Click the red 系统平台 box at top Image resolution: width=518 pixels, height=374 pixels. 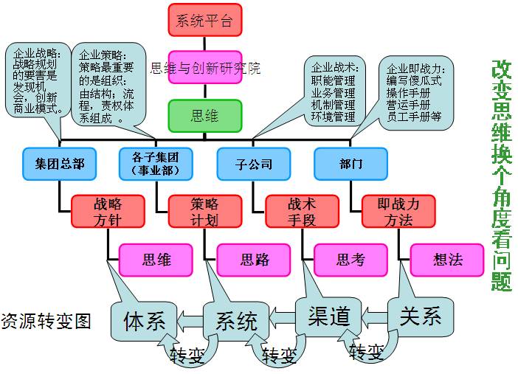[x=204, y=21]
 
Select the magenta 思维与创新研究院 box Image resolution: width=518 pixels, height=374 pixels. [x=204, y=68]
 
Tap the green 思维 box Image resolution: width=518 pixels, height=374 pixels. [x=204, y=116]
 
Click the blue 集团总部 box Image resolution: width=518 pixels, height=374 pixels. [x=59, y=164]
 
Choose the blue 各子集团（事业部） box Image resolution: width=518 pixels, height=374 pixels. [x=156, y=164]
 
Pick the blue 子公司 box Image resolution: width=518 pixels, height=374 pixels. [x=253, y=164]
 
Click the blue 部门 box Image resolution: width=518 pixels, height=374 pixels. [x=350, y=164]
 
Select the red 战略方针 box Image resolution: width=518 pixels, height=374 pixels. [x=108, y=211]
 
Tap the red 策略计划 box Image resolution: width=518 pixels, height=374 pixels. [x=204, y=211]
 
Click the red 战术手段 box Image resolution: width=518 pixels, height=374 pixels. [x=302, y=211]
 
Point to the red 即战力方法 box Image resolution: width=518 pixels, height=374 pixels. [x=398, y=211]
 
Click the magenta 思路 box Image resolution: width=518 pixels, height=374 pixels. [x=254, y=260]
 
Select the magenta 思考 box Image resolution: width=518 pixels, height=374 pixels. [x=350, y=260]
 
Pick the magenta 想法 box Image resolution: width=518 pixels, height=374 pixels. [x=448, y=260]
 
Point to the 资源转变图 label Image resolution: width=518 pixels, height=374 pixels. [x=46, y=321]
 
